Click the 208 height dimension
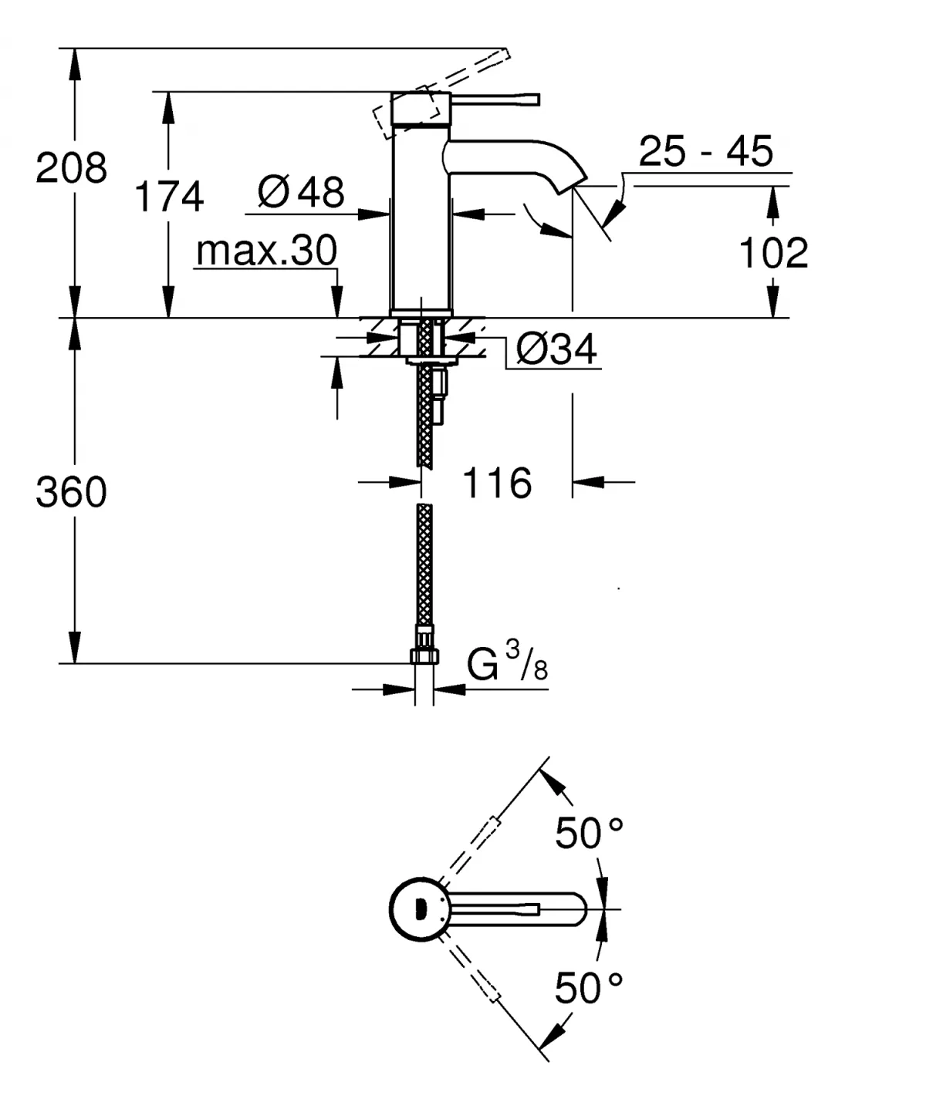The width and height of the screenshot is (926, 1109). pyautogui.click(x=71, y=167)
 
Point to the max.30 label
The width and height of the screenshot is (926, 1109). pyautogui.click(x=266, y=251)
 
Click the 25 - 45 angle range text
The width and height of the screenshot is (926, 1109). pyautogui.click(x=705, y=151)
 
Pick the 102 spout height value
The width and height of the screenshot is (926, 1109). pyautogui.click(x=773, y=253)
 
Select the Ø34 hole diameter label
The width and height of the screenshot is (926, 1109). pyautogui.click(x=556, y=350)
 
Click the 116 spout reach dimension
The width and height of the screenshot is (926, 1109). pyautogui.click(x=497, y=484)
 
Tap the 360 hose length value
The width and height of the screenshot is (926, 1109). pyautogui.click(x=71, y=492)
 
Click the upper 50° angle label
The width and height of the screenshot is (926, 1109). pyautogui.click(x=589, y=834)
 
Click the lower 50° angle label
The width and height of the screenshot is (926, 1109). pyautogui.click(x=589, y=988)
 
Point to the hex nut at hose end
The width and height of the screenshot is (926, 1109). pyautogui.click(x=424, y=656)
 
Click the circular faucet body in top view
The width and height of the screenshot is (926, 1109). pyautogui.click(x=417, y=910)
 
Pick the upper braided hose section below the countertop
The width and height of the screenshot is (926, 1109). pyautogui.click(x=424, y=416)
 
